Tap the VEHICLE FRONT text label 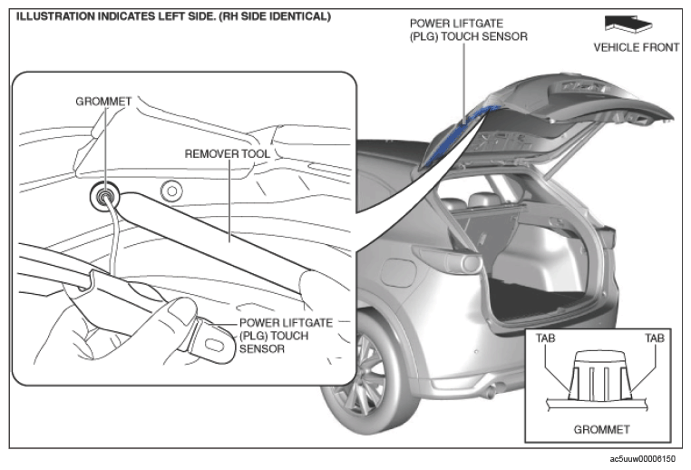coord(637,47)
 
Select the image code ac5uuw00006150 coord(643,459)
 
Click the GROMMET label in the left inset coord(103,102)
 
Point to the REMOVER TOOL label coord(228,154)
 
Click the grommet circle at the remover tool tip coord(104,195)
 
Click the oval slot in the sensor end coord(215,345)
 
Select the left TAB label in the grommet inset coord(546,338)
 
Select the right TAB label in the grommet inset coord(655,338)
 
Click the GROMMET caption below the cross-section coord(601,429)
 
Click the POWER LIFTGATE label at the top coord(456,24)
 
